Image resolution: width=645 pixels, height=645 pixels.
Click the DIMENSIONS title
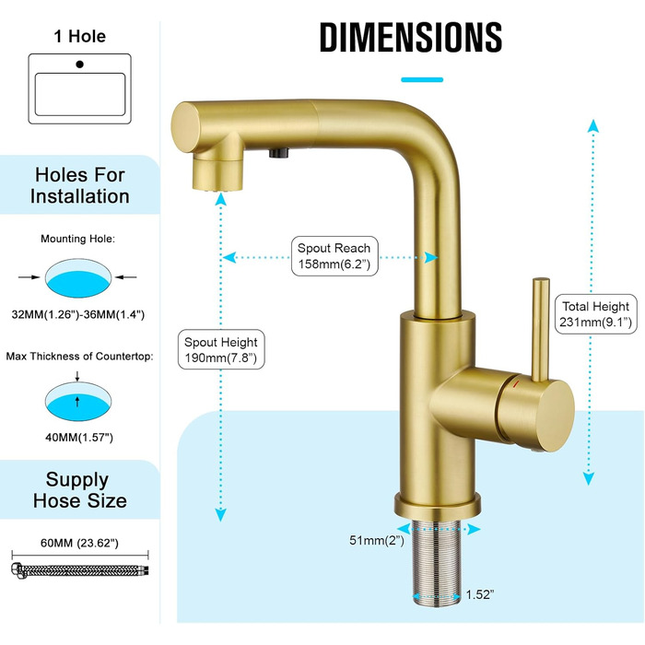411,38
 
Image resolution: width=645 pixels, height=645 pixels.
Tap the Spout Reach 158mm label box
334,256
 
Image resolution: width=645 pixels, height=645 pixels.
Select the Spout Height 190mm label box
221,349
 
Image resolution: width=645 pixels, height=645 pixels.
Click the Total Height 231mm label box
595,314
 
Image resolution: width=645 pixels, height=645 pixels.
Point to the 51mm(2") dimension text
377,540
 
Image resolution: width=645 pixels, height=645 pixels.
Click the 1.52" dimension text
480,594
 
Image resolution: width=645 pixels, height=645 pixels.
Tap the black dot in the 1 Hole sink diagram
80,64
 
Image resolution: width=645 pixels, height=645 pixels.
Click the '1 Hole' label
80,36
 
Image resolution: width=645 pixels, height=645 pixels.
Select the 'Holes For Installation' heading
80,185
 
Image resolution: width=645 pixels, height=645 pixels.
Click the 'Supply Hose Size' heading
80,490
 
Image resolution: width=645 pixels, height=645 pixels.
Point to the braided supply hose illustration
80,570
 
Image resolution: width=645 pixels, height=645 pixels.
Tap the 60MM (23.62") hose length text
79,543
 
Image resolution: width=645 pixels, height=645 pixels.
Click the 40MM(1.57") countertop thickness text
79,438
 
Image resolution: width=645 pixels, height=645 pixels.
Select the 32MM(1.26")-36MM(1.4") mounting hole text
78,315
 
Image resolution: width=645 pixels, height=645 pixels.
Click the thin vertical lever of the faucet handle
541,329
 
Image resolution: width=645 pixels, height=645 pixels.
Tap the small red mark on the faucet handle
516,384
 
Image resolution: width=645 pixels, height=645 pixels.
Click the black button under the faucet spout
279,153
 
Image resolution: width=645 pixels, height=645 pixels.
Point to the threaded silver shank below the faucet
437,562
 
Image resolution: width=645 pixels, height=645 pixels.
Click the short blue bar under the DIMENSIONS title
422,80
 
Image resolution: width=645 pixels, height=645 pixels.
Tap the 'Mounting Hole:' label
77,239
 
